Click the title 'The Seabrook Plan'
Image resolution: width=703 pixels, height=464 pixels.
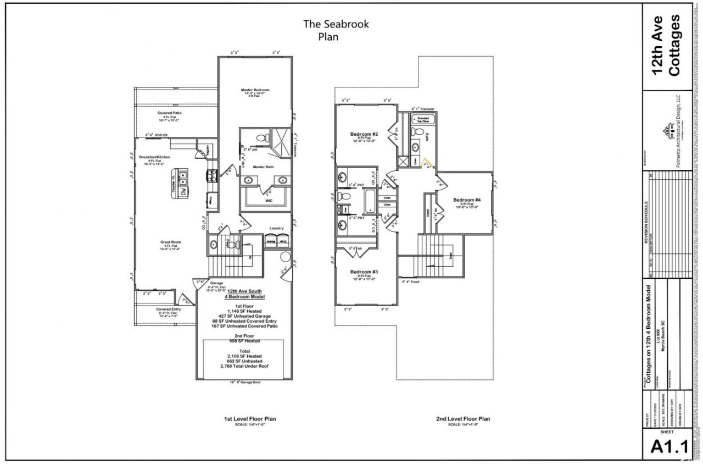(x=337, y=31)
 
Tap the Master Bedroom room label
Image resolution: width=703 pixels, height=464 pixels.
(x=255, y=90)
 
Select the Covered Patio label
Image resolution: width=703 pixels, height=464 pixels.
(x=170, y=113)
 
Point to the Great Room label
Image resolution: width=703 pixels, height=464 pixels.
(x=170, y=242)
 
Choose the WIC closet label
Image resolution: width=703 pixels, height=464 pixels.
(x=269, y=201)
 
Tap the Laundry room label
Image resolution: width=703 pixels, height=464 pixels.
(x=276, y=228)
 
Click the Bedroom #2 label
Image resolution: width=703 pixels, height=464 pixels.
(x=364, y=134)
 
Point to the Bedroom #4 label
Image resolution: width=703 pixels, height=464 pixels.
(x=467, y=200)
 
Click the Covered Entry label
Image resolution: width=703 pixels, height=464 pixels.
(x=169, y=309)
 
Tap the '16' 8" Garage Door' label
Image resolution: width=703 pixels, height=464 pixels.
(x=244, y=383)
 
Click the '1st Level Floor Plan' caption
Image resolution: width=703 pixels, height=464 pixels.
(x=250, y=419)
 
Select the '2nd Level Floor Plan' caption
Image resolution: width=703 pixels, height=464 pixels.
(x=463, y=419)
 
